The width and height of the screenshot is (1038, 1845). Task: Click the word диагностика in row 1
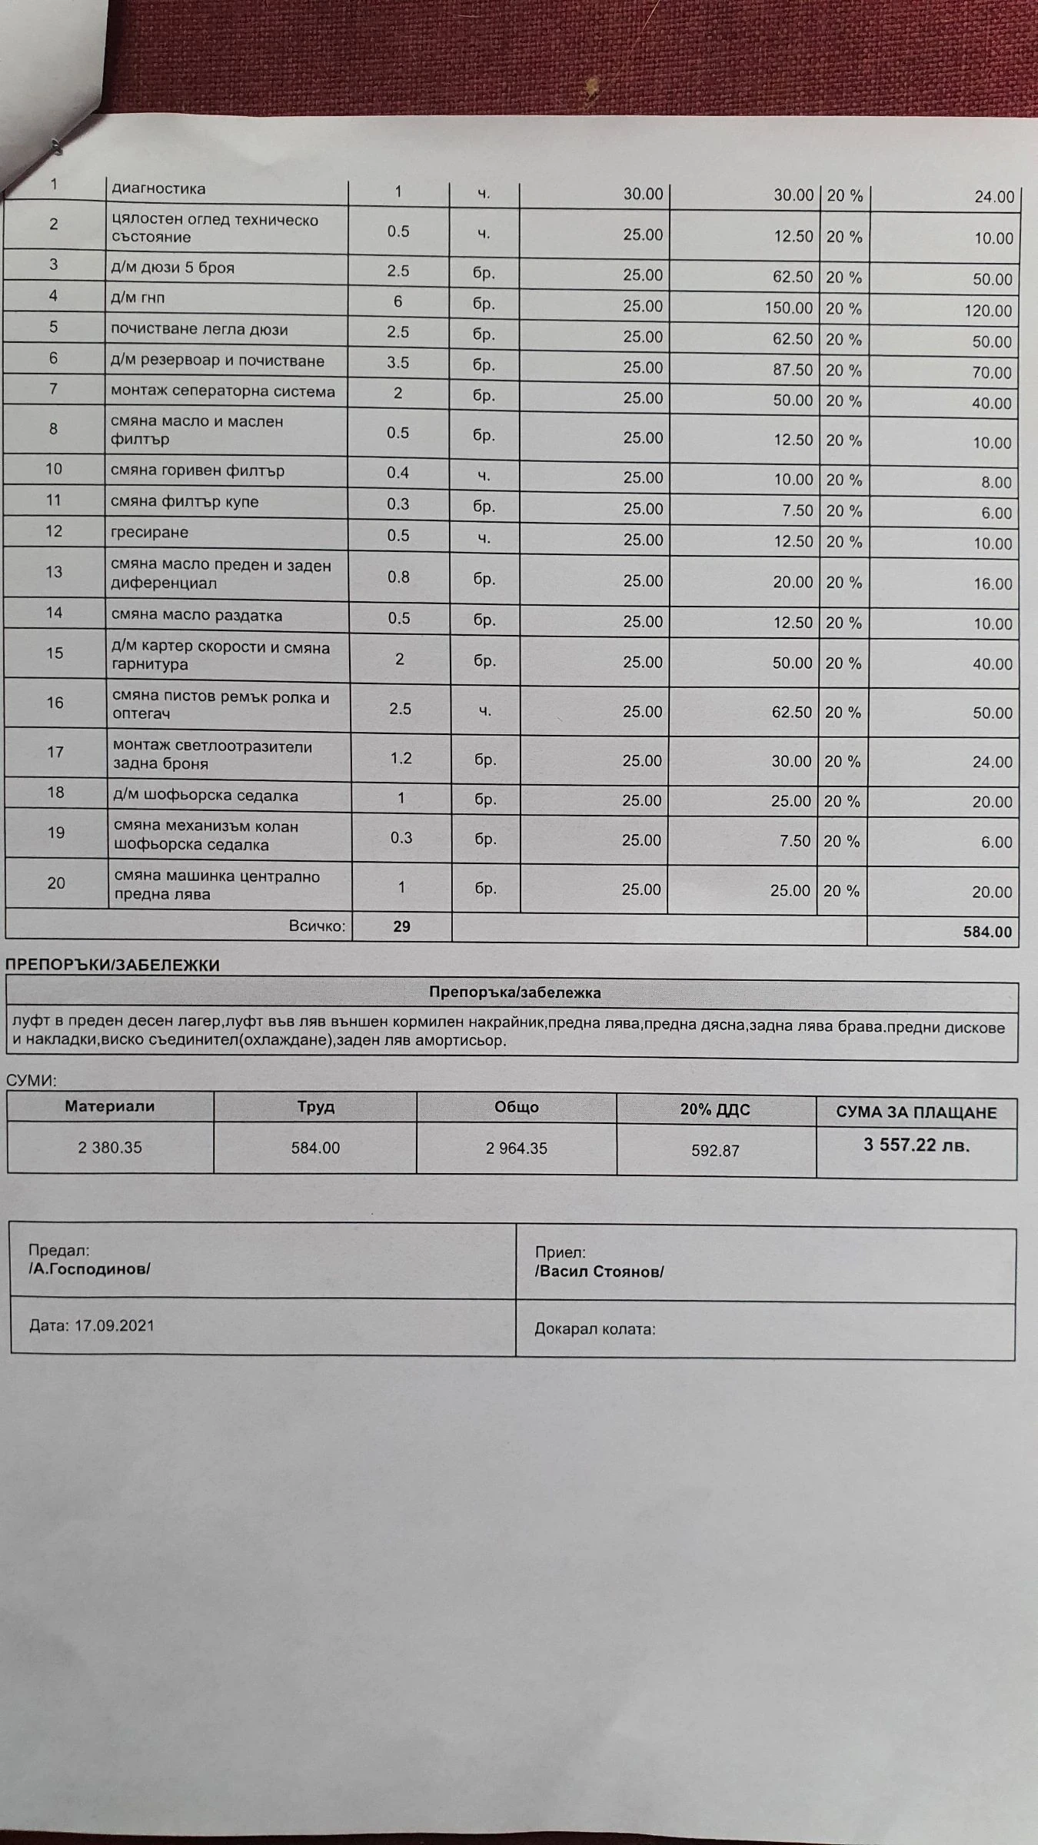158,188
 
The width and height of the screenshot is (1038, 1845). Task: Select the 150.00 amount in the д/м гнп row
788,307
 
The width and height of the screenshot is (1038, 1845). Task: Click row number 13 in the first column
54,571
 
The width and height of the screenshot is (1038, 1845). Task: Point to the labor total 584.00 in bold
987,932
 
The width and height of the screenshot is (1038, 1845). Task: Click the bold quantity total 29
401,926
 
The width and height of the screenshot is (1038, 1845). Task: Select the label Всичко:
318,926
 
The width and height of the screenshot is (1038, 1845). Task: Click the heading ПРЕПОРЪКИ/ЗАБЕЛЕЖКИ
112,966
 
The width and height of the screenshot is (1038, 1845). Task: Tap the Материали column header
110,1106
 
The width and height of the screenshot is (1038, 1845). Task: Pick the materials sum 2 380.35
110,1148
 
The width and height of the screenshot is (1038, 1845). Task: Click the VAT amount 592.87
715,1151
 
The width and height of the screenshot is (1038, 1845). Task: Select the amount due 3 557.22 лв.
917,1145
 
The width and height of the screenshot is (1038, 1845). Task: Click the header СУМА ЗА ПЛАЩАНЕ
917,1112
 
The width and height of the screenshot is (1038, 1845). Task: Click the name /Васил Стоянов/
599,1272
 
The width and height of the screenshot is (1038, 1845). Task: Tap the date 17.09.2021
114,1325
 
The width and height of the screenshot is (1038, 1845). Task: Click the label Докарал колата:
595,1328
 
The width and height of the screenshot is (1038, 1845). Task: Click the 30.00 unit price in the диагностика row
643,194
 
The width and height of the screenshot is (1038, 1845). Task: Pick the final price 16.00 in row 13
993,584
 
